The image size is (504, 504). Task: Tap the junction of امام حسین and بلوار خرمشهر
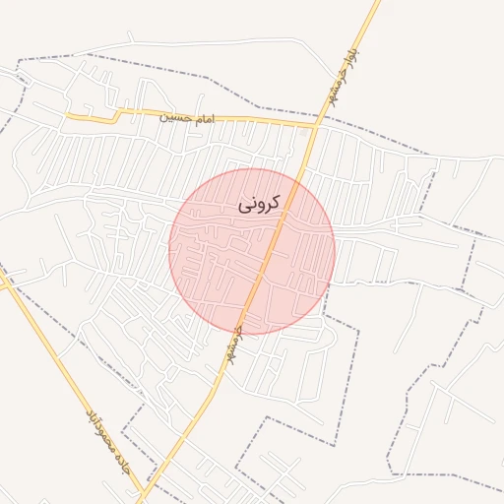point(316,124)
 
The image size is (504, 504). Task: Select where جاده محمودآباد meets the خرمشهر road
point(147,491)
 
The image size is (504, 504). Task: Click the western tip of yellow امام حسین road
point(67,116)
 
